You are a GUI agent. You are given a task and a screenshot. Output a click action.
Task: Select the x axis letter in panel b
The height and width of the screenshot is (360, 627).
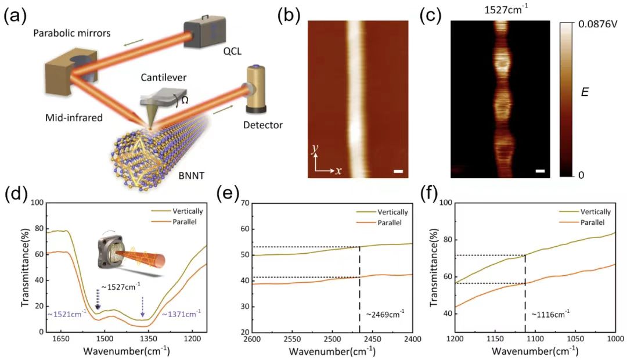337,171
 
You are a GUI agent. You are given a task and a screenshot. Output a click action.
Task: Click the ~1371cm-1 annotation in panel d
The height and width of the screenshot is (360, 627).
184,314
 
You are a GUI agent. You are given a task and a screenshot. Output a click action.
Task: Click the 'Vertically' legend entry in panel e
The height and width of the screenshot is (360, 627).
393,212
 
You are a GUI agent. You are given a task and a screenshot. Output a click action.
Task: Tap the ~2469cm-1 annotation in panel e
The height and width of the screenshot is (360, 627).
385,314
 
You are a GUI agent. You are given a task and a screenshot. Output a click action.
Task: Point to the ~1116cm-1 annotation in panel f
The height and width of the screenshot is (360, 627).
550,314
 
